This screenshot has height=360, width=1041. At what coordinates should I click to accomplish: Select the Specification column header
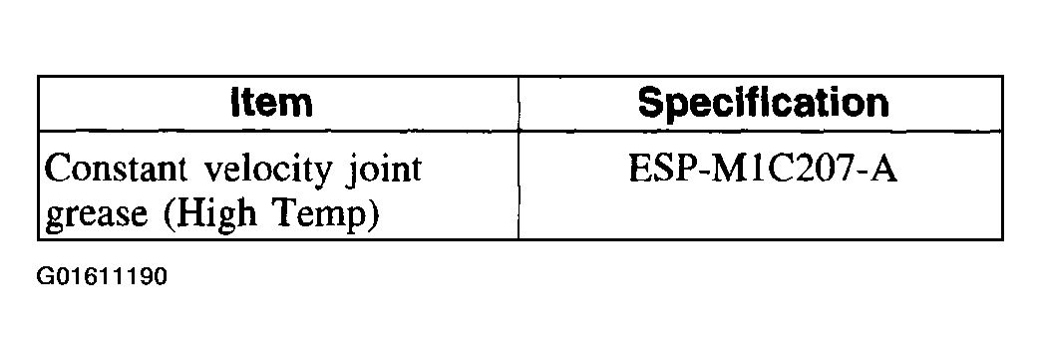(763, 104)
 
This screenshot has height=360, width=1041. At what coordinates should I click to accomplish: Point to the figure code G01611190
(102, 275)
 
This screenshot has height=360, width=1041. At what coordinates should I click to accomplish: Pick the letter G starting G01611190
(45, 275)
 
